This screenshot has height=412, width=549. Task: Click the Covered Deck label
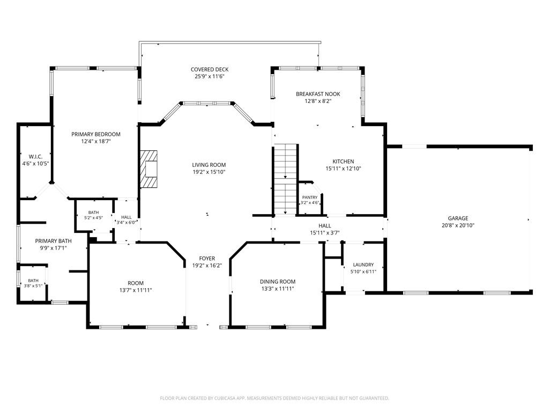click(210, 69)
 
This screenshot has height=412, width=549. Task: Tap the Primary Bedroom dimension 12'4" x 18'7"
click(96, 142)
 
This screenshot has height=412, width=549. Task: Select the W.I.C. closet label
click(36, 156)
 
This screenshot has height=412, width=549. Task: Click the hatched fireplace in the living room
click(149, 169)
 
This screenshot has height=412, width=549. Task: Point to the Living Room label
click(209, 165)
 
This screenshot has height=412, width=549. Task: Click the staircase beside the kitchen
click(286, 179)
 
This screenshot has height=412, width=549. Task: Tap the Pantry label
click(310, 197)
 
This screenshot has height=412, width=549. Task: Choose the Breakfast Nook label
click(318, 94)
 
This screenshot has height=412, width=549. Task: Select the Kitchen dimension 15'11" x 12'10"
click(343, 168)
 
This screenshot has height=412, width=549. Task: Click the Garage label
click(458, 218)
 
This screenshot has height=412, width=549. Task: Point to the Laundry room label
click(363, 265)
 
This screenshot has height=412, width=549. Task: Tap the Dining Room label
click(278, 281)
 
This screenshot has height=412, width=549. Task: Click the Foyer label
click(207, 259)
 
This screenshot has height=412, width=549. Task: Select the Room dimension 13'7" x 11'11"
click(136, 290)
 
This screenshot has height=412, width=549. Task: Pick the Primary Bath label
click(53, 241)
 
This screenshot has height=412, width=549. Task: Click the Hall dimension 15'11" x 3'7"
click(325, 233)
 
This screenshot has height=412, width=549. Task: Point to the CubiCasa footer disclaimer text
click(274, 399)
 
